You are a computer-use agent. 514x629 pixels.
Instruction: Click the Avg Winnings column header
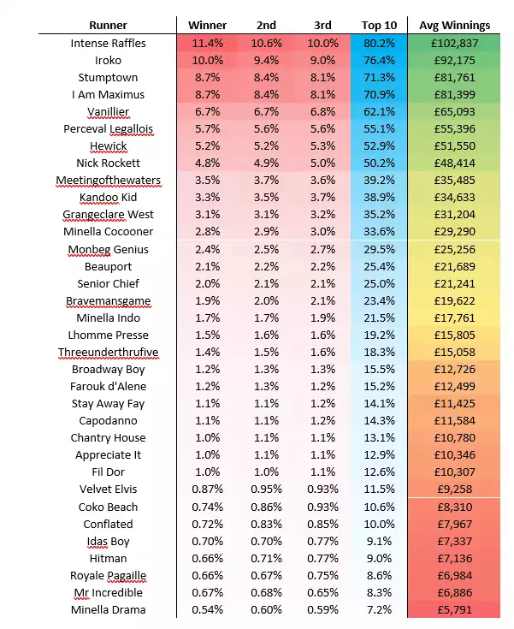click(x=454, y=26)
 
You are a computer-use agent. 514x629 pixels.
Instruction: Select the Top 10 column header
click(x=379, y=26)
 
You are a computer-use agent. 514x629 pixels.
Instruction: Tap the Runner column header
click(x=108, y=26)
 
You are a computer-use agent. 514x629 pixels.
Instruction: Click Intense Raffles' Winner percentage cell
click(x=207, y=44)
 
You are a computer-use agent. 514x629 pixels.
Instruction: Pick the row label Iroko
click(x=108, y=61)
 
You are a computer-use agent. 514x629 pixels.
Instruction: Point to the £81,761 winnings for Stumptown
click(x=454, y=77)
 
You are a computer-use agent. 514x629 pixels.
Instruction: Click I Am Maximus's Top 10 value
click(x=379, y=95)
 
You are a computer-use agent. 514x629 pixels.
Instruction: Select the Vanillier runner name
click(x=109, y=112)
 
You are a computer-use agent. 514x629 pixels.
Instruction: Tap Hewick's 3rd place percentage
click(x=322, y=146)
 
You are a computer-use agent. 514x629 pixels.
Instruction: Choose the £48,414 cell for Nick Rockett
click(x=454, y=163)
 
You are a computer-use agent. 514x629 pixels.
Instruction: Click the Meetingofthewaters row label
click(x=109, y=181)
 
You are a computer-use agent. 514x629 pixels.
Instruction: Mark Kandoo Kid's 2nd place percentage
click(x=266, y=198)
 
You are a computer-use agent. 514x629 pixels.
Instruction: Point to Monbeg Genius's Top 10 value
click(x=379, y=250)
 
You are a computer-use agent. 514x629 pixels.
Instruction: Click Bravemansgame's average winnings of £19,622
click(x=454, y=301)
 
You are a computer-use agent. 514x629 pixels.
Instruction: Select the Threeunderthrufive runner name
click(x=109, y=353)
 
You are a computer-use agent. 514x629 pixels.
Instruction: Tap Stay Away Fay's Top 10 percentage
click(x=379, y=404)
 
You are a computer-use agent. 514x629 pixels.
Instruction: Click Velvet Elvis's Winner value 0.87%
click(x=207, y=490)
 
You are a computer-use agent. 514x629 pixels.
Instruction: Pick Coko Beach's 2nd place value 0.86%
click(x=266, y=507)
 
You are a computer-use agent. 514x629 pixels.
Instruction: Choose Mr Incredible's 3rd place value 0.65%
click(x=322, y=593)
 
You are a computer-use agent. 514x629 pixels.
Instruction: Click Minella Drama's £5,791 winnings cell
click(x=454, y=610)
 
